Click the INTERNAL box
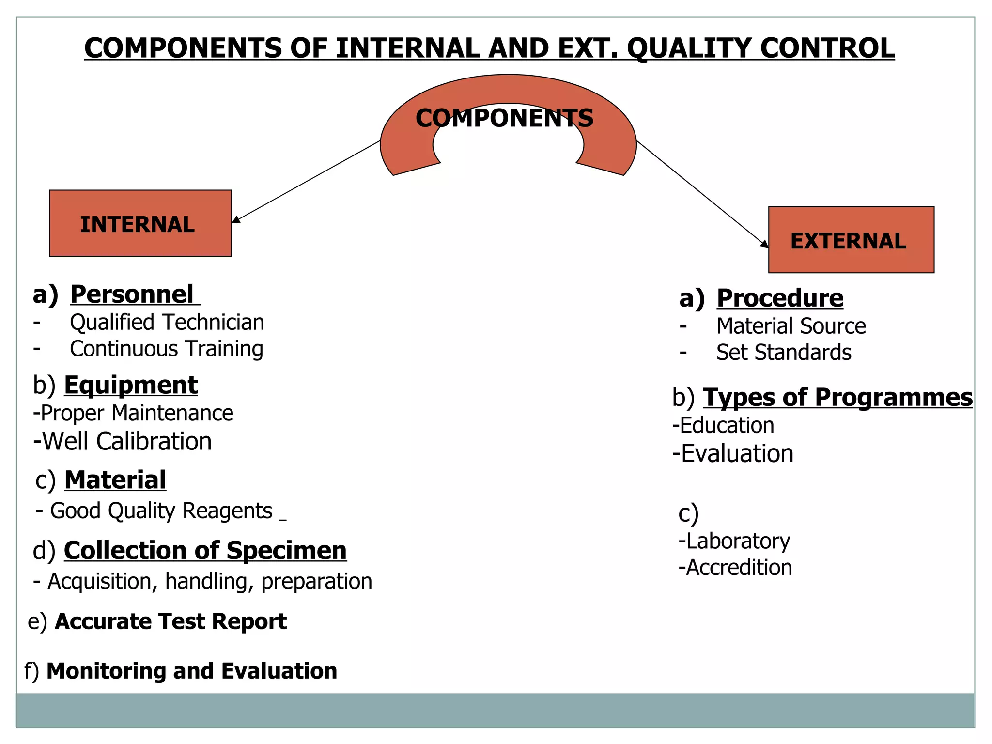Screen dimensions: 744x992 point(140,223)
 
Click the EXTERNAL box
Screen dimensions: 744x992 point(851,240)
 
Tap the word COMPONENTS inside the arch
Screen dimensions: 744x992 point(504,119)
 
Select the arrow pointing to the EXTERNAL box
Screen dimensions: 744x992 point(702,194)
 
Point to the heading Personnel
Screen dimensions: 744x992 point(132,294)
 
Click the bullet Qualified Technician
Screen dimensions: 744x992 point(167,323)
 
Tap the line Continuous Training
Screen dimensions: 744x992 point(166,349)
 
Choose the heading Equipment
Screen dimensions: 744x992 point(130,386)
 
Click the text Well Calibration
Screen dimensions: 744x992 point(127,442)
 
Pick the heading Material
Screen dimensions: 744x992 point(115,480)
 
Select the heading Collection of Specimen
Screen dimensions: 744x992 point(205,551)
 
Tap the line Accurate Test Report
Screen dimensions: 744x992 point(170,621)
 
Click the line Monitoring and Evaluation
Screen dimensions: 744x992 point(191,671)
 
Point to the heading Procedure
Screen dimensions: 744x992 point(780,298)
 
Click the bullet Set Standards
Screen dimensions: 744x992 point(783,353)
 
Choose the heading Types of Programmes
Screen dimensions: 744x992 point(837,398)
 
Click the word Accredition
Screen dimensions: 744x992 point(739,568)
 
